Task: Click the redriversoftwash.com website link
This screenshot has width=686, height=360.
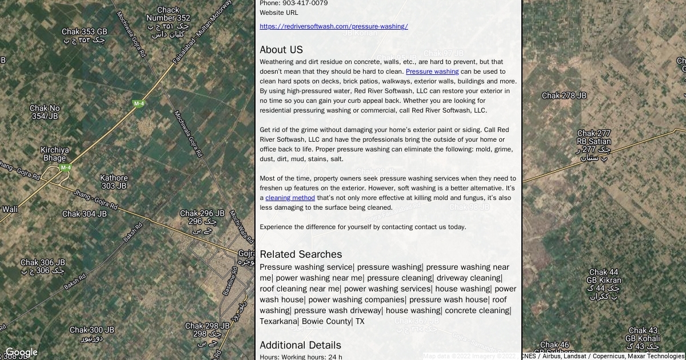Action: click(x=333, y=26)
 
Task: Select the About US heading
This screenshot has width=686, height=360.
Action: click(x=281, y=50)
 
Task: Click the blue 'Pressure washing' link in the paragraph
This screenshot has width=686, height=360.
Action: click(x=432, y=72)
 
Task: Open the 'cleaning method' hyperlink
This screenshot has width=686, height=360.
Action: click(x=290, y=198)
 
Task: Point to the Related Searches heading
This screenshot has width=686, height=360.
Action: click(x=301, y=254)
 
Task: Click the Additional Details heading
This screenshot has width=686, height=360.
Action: click(x=300, y=345)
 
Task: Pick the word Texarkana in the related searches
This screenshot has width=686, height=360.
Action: click(x=278, y=322)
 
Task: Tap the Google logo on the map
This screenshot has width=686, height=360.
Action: click(x=21, y=353)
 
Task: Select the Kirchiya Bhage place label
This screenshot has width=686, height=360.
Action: click(x=55, y=154)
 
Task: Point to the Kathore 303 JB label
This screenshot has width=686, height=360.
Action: click(x=114, y=182)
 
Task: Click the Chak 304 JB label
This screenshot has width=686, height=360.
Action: click(x=84, y=214)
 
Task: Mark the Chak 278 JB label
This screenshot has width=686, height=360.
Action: click(x=564, y=96)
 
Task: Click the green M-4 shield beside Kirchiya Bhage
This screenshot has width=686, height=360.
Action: click(x=66, y=168)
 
